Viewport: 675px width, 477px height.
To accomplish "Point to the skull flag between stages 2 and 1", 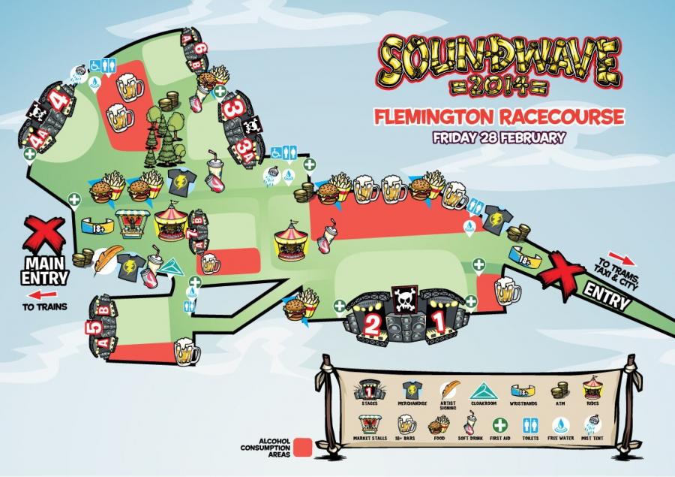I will [403, 301].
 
